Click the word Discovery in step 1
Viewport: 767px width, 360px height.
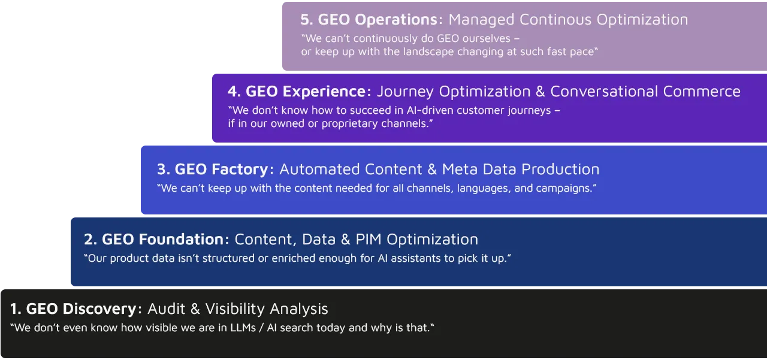(x=99, y=309)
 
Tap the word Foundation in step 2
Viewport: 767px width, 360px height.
(x=181, y=240)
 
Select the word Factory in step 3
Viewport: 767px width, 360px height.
(x=238, y=170)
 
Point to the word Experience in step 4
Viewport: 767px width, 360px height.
(x=324, y=92)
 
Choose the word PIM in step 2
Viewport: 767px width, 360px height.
(x=369, y=240)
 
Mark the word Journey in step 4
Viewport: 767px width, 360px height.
(x=406, y=92)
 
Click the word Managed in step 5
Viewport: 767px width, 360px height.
(x=482, y=20)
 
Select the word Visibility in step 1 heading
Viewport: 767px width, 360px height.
(x=235, y=309)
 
